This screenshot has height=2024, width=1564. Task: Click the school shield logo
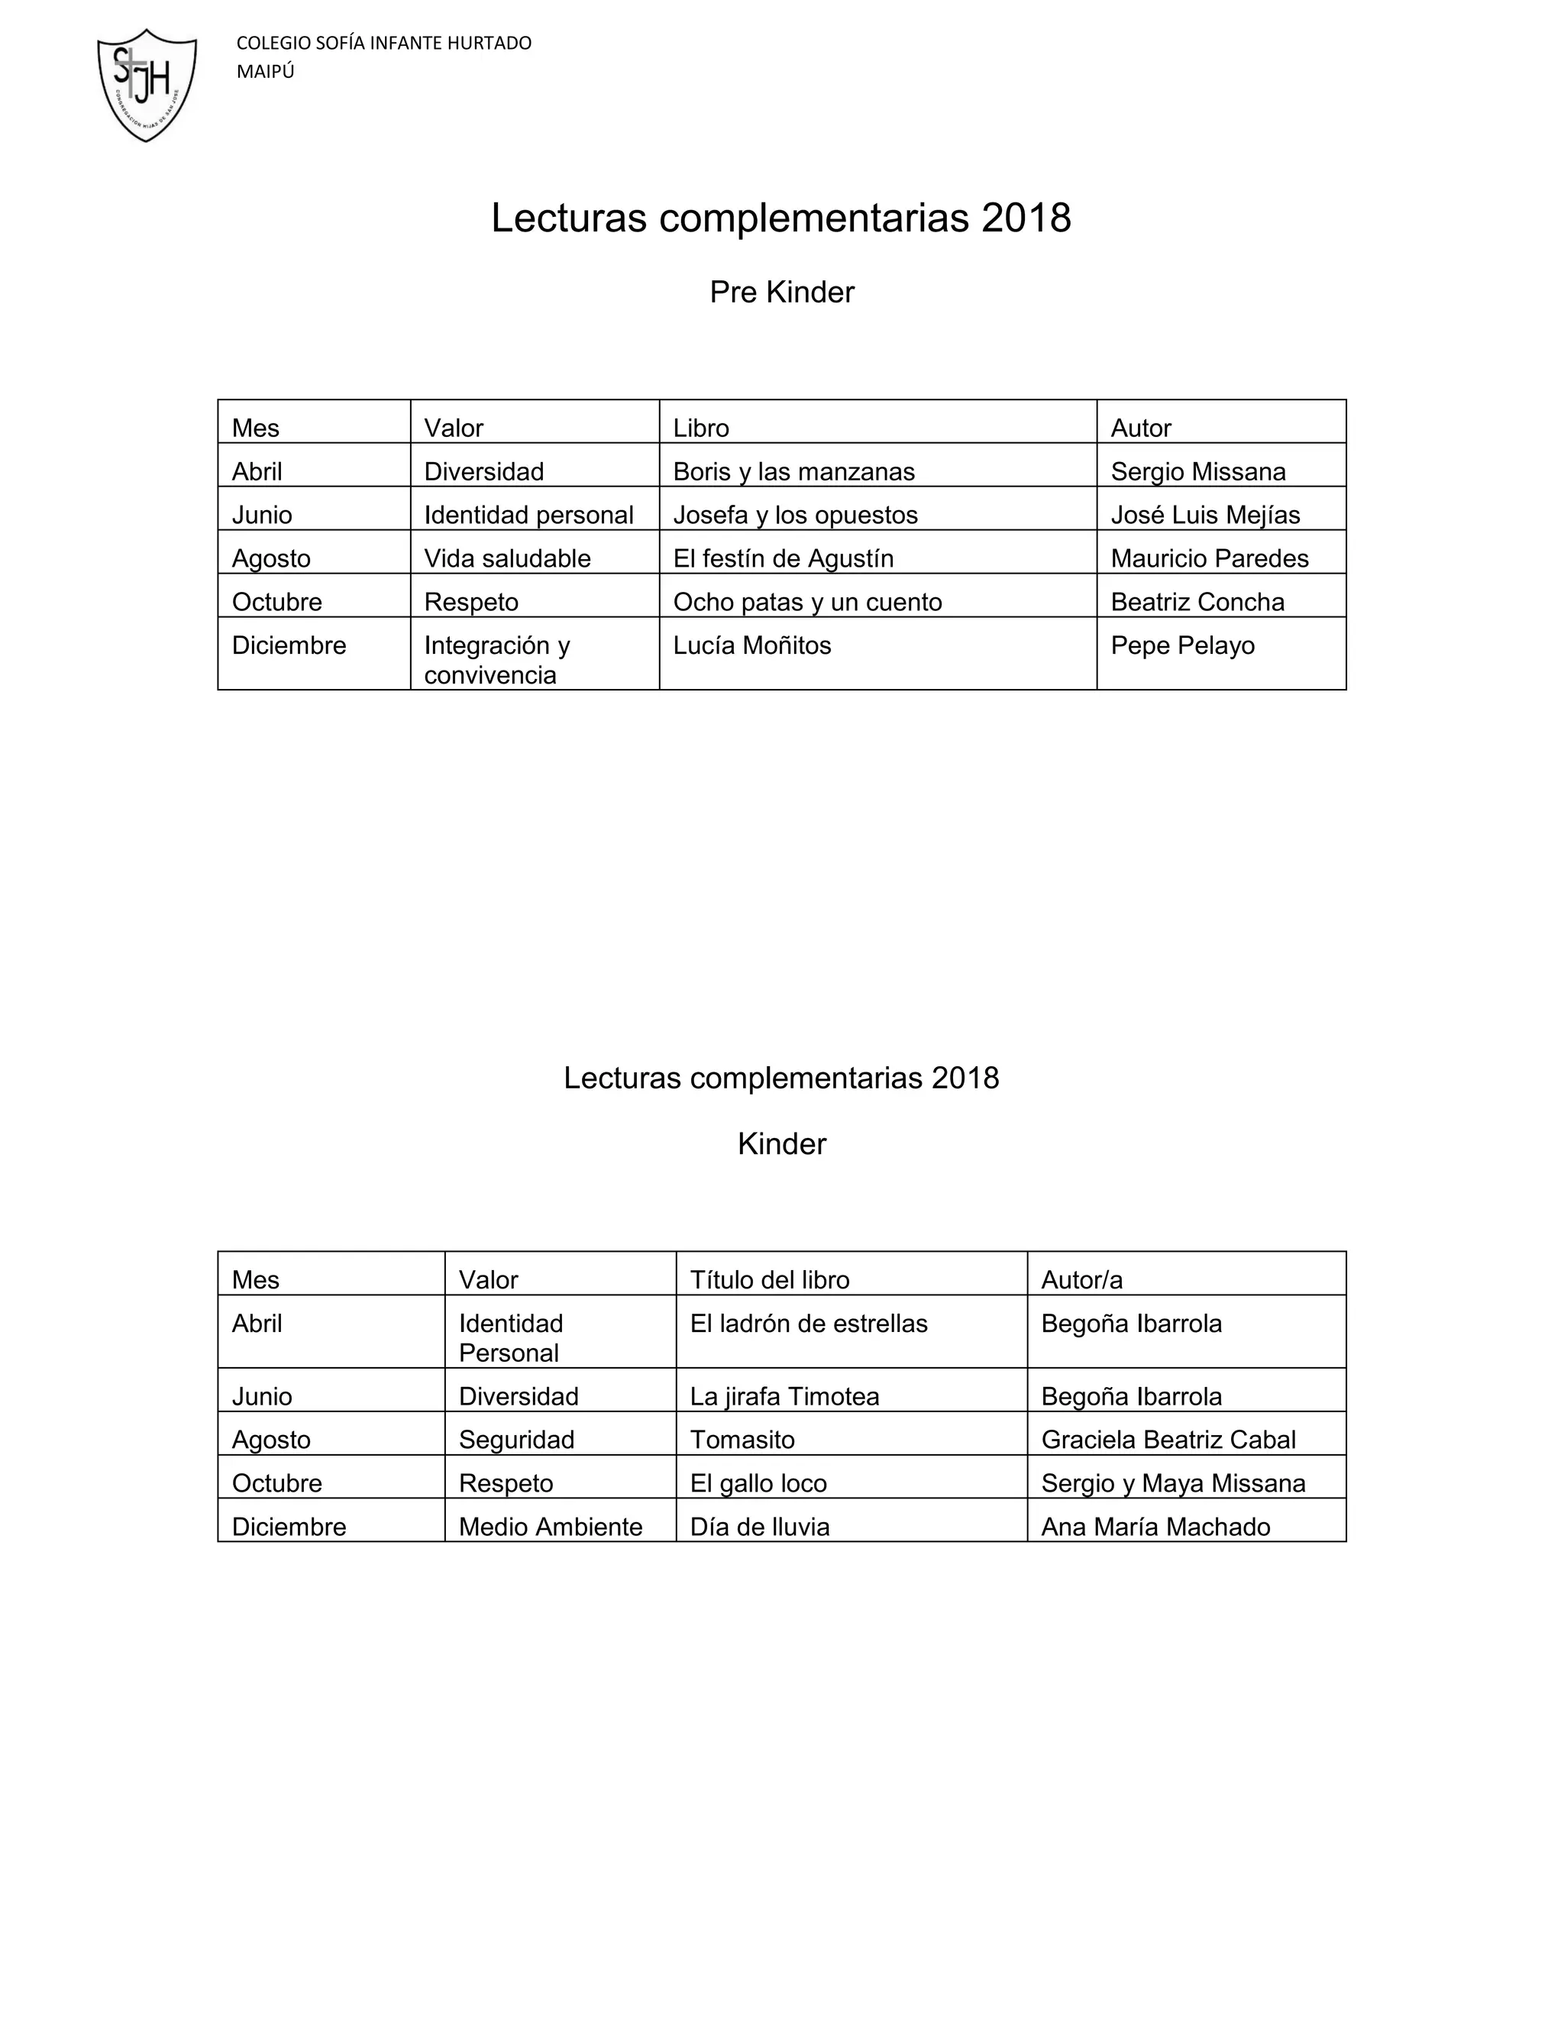147,86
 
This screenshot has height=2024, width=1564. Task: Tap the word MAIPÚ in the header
265,73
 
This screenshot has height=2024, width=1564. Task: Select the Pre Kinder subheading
781,293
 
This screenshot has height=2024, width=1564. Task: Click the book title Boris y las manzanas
793,472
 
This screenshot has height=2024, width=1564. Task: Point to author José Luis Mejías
1204,516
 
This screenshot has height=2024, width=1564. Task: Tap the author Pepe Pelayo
1182,646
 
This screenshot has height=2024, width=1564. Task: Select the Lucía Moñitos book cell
751,646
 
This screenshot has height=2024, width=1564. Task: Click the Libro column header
700,428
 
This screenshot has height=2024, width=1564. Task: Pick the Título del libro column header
769,1280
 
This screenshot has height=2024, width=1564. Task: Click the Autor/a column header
1081,1280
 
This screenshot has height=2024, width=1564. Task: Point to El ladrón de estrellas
808,1324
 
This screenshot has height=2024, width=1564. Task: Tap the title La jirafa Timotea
784,1397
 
